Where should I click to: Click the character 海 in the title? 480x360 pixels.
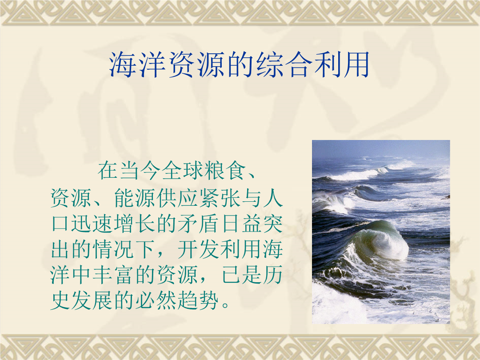[x=122, y=64]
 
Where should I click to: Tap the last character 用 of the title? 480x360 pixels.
[x=356, y=64]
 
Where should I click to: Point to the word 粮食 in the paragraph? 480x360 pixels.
[x=226, y=170]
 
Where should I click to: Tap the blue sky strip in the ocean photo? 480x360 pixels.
[x=381, y=148]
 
